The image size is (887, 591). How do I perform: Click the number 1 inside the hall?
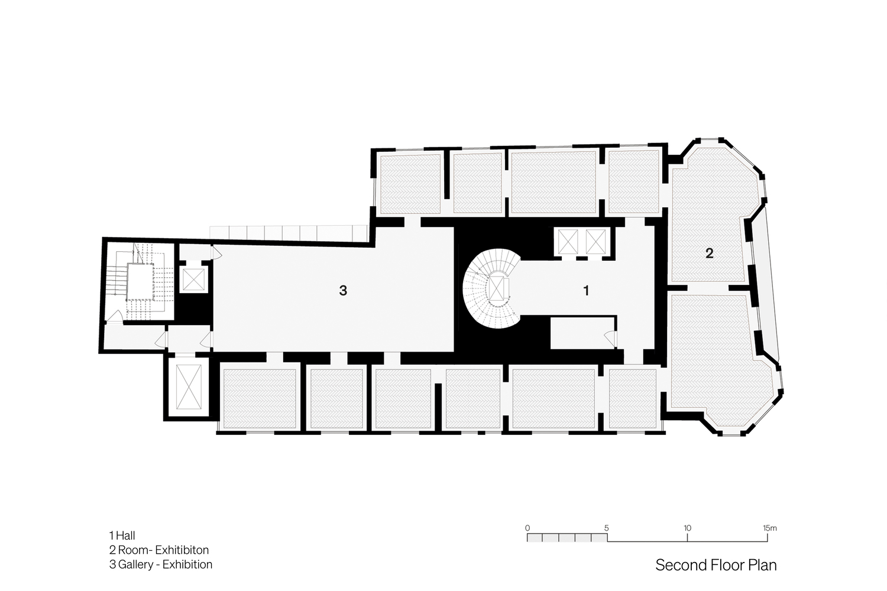click(x=586, y=291)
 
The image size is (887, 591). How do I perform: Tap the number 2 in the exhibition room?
click(x=709, y=254)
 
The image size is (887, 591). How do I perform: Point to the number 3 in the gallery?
click(x=343, y=291)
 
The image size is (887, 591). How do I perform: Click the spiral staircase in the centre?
click(x=492, y=288)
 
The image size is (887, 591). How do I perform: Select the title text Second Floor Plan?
click(x=716, y=565)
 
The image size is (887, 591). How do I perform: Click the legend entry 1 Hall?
click(x=122, y=535)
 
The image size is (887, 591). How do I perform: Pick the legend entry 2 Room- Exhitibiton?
click(x=159, y=550)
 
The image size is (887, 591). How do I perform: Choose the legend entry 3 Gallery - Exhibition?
click(x=161, y=564)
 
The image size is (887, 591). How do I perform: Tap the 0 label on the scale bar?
click(x=527, y=528)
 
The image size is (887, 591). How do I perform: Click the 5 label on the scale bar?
click(x=606, y=528)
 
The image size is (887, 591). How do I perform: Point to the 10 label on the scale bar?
click(x=687, y=528)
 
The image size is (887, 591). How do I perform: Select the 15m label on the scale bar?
click(x=770, y=528)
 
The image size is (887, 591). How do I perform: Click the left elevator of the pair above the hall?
click(x=568, y=242)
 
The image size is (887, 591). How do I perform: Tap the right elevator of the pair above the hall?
click(x=595, y=242)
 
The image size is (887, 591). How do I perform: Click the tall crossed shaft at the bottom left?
click(x=189, y=387)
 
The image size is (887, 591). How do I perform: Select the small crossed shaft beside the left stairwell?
click(x=193, y=280)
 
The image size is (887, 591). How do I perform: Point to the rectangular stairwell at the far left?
click(x=140, y=281)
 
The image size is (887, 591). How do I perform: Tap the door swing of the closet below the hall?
click(x=610, y=339)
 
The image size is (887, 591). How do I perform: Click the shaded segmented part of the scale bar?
click(x=567, y=538)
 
